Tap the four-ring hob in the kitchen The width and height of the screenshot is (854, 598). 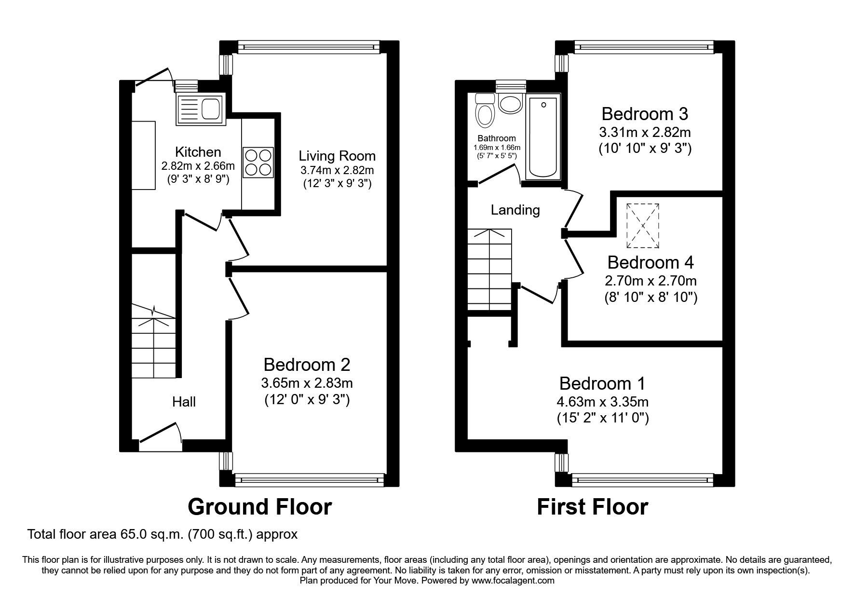[x=258, y=163]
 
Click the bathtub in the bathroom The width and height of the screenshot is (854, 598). [x=543, y=137]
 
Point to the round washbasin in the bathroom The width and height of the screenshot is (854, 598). [x=510, y=103]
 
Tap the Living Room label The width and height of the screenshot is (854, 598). [x=337, y=156]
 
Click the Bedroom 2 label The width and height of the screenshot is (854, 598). [x=306, y=364]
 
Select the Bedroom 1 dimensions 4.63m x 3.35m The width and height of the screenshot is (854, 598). [x=602, y=402]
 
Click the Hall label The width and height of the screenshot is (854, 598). [x=184, y=402]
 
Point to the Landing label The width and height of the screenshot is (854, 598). [x=515, y=210]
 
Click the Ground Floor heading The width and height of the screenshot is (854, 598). [x=259, y=507]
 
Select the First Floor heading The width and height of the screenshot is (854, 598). [x=592, y=507]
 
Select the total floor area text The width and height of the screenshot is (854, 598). [x=163, y=534]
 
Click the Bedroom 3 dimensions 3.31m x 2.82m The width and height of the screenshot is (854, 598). [x=645, y=132]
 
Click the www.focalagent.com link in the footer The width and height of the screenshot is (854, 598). [x=513, y=581]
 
